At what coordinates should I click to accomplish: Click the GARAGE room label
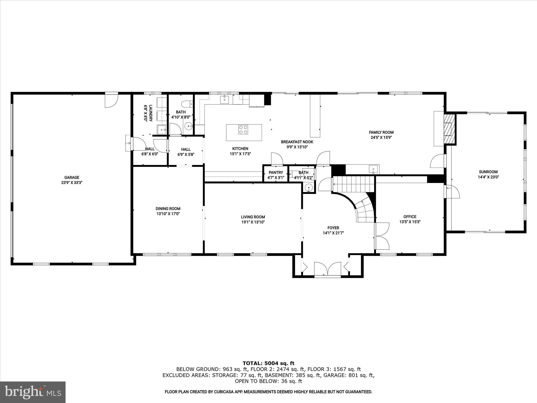(72, 178)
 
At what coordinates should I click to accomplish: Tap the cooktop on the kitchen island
(243, 130)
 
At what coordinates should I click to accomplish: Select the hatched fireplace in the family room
(449, 129)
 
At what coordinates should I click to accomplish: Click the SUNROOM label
(488, 172)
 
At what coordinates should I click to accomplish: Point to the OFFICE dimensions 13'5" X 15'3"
(410, 222)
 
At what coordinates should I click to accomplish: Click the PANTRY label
(276, 172)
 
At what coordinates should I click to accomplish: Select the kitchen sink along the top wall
(224, 100)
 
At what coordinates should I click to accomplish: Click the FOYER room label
(333, 228)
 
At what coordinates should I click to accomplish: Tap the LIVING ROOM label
(253, 217)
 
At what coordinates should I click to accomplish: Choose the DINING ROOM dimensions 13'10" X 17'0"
(168, 214)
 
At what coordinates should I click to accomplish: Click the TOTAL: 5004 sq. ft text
(268, 363)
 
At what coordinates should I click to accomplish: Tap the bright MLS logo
(33, 392)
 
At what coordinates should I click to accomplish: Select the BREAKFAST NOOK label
(297, 142)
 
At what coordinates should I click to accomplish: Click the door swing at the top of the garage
(111, 101)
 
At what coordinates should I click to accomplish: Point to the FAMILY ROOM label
(381, 132)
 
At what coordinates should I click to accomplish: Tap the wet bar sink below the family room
(373, 169)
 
